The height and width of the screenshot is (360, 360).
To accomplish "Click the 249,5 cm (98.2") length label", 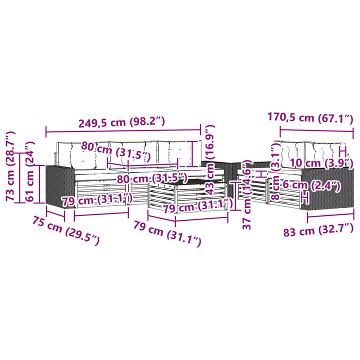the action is coord(121,122).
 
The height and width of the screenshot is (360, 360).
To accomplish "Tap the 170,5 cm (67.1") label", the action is coord(310,118).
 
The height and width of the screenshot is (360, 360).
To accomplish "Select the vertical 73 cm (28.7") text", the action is coord(10,166).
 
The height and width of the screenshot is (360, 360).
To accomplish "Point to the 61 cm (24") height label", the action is coord(30,171).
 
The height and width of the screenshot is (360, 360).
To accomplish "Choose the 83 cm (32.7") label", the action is coord(318,230).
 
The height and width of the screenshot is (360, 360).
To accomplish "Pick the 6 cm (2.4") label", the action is coord(311,185).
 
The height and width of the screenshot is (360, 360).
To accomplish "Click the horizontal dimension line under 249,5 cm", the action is coord(123,131).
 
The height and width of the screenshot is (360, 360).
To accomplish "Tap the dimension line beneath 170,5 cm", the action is coord(316,131).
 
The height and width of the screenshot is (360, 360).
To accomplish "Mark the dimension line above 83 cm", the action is coord(330,215).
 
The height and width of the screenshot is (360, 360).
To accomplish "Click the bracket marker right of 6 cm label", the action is coord(304,197).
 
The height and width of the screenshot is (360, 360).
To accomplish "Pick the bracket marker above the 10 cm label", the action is coord(342,150).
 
